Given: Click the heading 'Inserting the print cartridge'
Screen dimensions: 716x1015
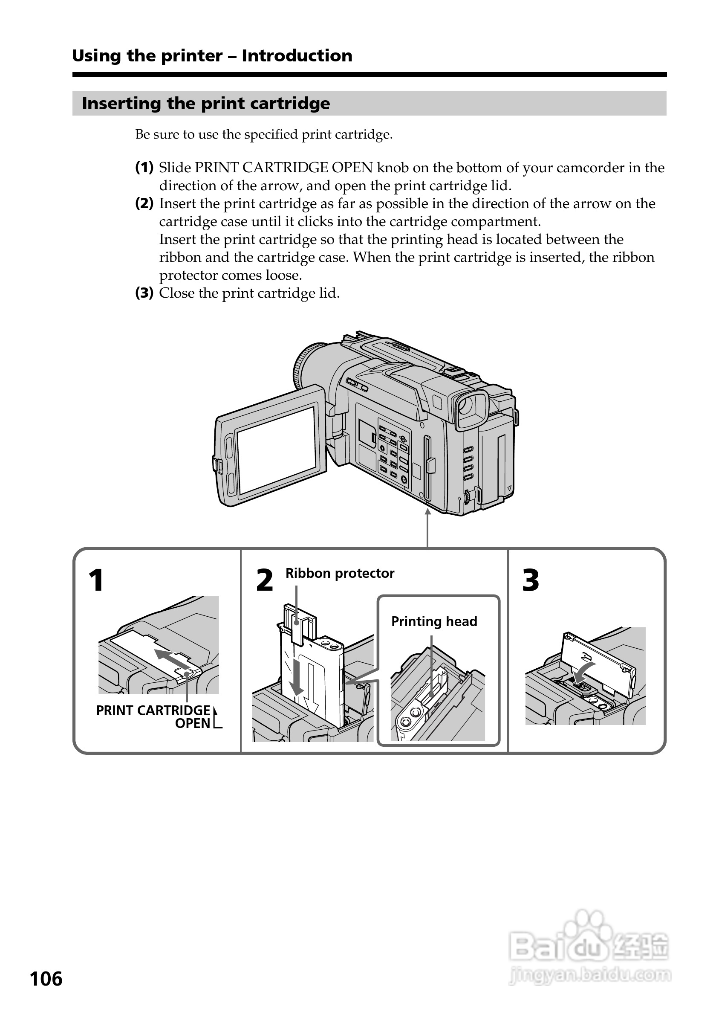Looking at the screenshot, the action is tap(206, 104).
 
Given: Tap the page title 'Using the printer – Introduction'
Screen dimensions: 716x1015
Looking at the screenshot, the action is tap(212, 56).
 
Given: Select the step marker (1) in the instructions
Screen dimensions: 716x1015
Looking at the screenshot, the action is tap(144, 168).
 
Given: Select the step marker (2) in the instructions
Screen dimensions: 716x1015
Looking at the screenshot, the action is tap(144, 203).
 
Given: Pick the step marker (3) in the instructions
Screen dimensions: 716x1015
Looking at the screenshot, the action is tap(144, 293).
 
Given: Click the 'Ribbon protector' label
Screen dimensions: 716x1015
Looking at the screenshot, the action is tap(339, 573).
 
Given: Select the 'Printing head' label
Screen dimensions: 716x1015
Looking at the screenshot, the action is tap(434, 621).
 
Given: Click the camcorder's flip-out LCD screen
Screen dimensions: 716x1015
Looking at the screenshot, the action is tap(277, 450).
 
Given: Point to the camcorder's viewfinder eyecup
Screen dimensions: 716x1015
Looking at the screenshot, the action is tap(471, 409).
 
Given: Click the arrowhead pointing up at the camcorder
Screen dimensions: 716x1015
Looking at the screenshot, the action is tap(427, 512).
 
